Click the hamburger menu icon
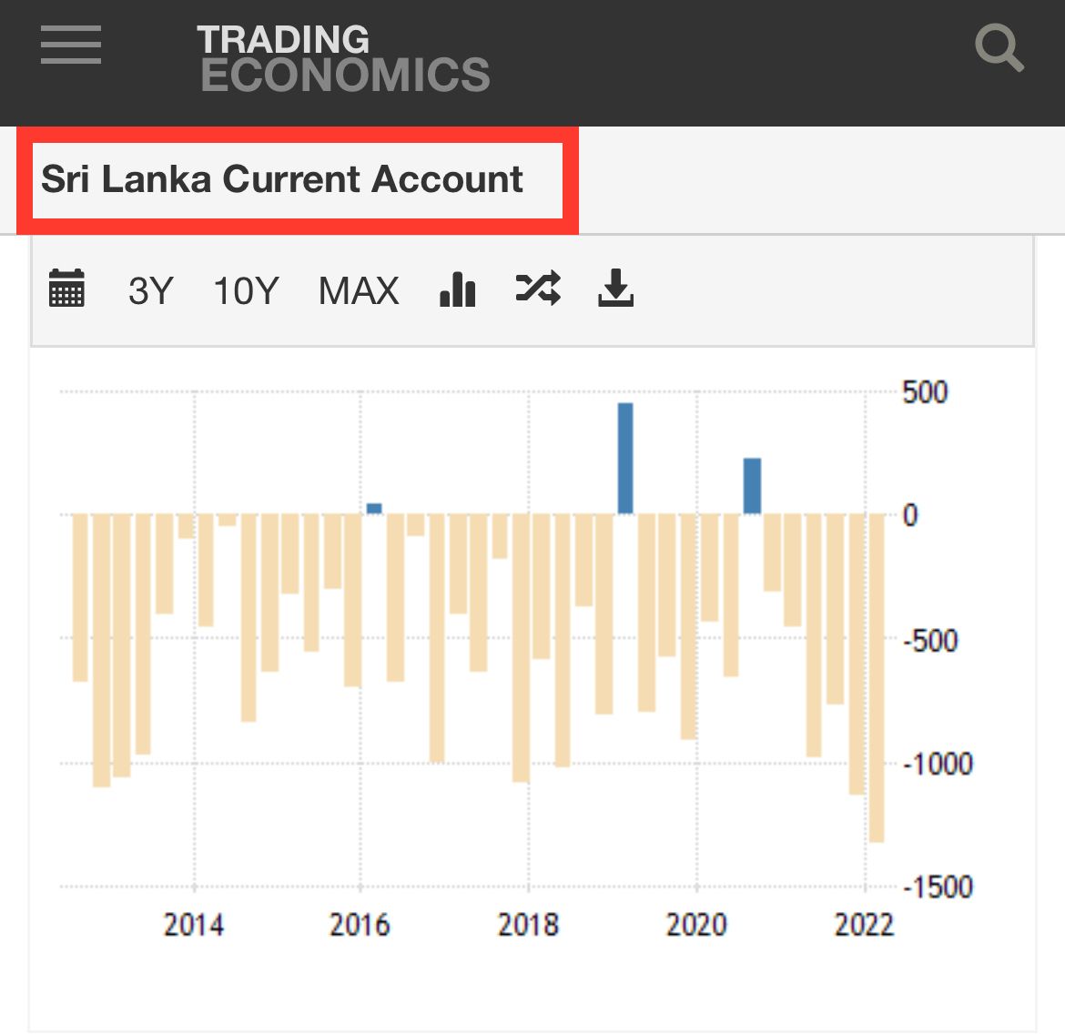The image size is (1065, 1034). [x=71, y=45]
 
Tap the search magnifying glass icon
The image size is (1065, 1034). [x=999, y=47]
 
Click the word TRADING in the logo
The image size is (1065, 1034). [x=283, y=39]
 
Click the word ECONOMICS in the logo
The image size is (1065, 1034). [x=345, y=74]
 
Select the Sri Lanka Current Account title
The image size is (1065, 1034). [x=282, y=179]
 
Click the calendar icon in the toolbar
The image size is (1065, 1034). [x=66, y=288]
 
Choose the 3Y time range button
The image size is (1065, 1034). [x=151, y=290]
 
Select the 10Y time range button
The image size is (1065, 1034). [x=246, y=290]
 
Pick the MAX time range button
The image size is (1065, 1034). [x=359, y=290]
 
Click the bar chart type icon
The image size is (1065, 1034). [x=457, y=289]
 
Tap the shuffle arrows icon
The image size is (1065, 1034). [x=538, y=288]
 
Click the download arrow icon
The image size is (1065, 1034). [x=616, y=288]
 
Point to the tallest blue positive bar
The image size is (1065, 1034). [x=625, y=459]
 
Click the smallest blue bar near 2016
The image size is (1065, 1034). [x=374, y=509]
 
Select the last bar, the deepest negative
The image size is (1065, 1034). [x=877, y=678]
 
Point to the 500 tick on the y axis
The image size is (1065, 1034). [x=925, y=392]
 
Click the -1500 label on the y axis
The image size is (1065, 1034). [x=938, y=887]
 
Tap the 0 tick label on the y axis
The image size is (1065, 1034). [x=910, y=516]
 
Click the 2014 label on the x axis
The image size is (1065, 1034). [x=194, y=925]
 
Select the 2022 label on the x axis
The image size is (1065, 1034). [x=864, y=925]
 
